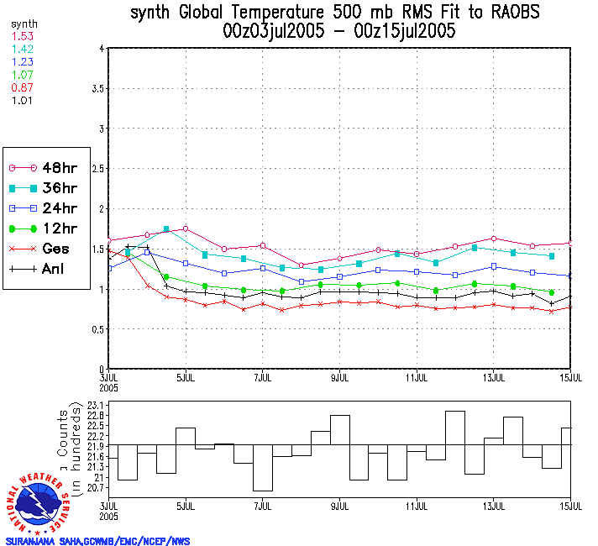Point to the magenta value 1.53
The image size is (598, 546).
coord(21,37)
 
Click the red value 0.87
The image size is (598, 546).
coord(21,87)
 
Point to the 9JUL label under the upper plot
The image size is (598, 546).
coord(339,377)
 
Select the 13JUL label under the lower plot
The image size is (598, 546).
coord(494,508)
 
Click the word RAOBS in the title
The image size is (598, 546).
coord(510,13)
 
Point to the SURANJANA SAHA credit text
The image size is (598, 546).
coord(97,541)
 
